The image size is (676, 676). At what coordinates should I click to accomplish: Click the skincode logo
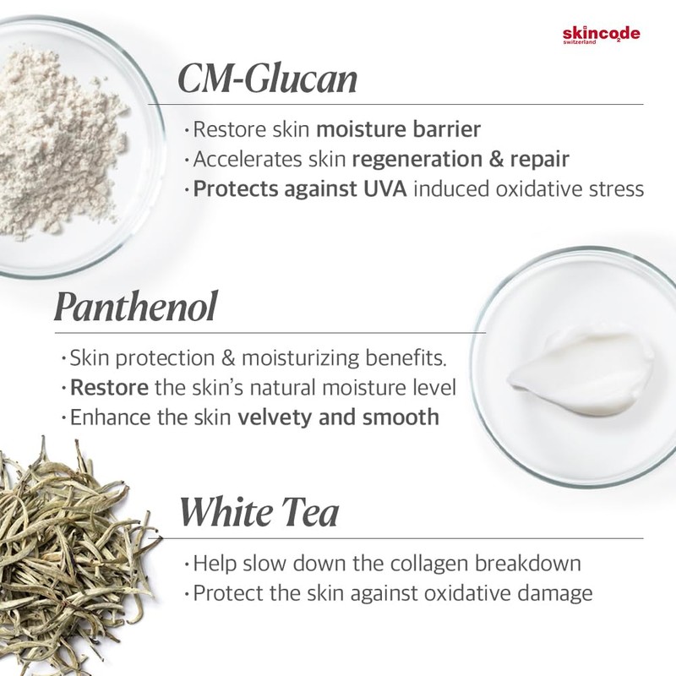(x=601, y=35)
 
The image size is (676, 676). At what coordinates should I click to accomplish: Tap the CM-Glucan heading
(x=267, y=79)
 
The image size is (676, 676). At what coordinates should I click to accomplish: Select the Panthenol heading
(x=135, y=308)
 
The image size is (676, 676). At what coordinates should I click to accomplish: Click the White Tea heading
(x=259, y=513)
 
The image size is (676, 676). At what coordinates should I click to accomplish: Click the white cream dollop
(x=562, y=369)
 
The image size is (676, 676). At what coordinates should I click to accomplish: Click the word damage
(x=554, y=592)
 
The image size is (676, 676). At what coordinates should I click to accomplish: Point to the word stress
(x=614, y=188)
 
